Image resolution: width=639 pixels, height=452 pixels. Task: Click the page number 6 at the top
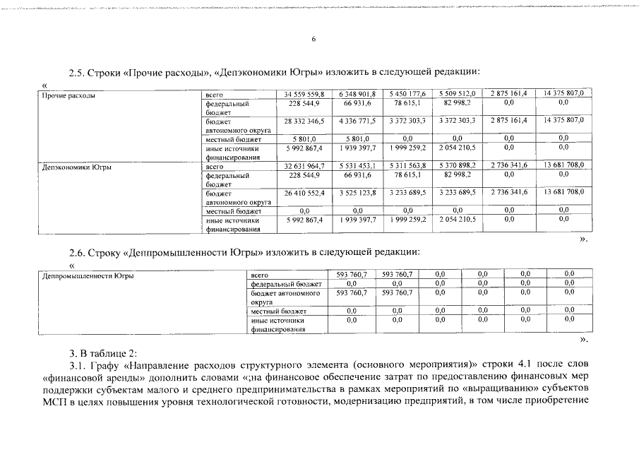[x=313, y=40]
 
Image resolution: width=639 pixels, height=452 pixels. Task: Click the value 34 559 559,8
[x=304, y=94]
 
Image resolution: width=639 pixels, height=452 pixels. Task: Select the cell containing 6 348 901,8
[x=357, y=94]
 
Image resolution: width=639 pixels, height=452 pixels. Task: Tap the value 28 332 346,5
[x=304, y=121]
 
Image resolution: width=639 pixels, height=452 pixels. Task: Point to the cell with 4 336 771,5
[x=357, y=121]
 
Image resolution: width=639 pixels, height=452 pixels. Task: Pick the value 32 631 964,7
[x=304, y=167]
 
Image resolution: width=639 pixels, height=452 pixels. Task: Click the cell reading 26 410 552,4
[x=304, y=192]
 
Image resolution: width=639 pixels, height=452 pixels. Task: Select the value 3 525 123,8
[x=357, y=192]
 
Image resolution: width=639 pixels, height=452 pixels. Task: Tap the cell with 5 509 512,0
[x=457, y=94]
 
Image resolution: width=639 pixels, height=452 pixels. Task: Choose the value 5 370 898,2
[x=457, y=167]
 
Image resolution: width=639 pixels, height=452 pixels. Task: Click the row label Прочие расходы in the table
[x=68, y=95]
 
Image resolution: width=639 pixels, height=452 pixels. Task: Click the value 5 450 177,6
[x=407, y=94]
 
